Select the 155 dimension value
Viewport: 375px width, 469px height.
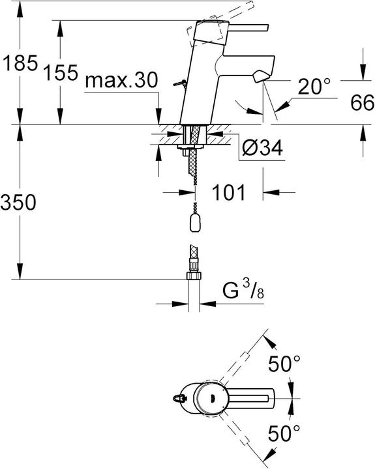[62, 74]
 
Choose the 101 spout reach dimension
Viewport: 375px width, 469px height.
[228, 192]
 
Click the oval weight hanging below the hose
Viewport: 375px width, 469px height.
[194, 223]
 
